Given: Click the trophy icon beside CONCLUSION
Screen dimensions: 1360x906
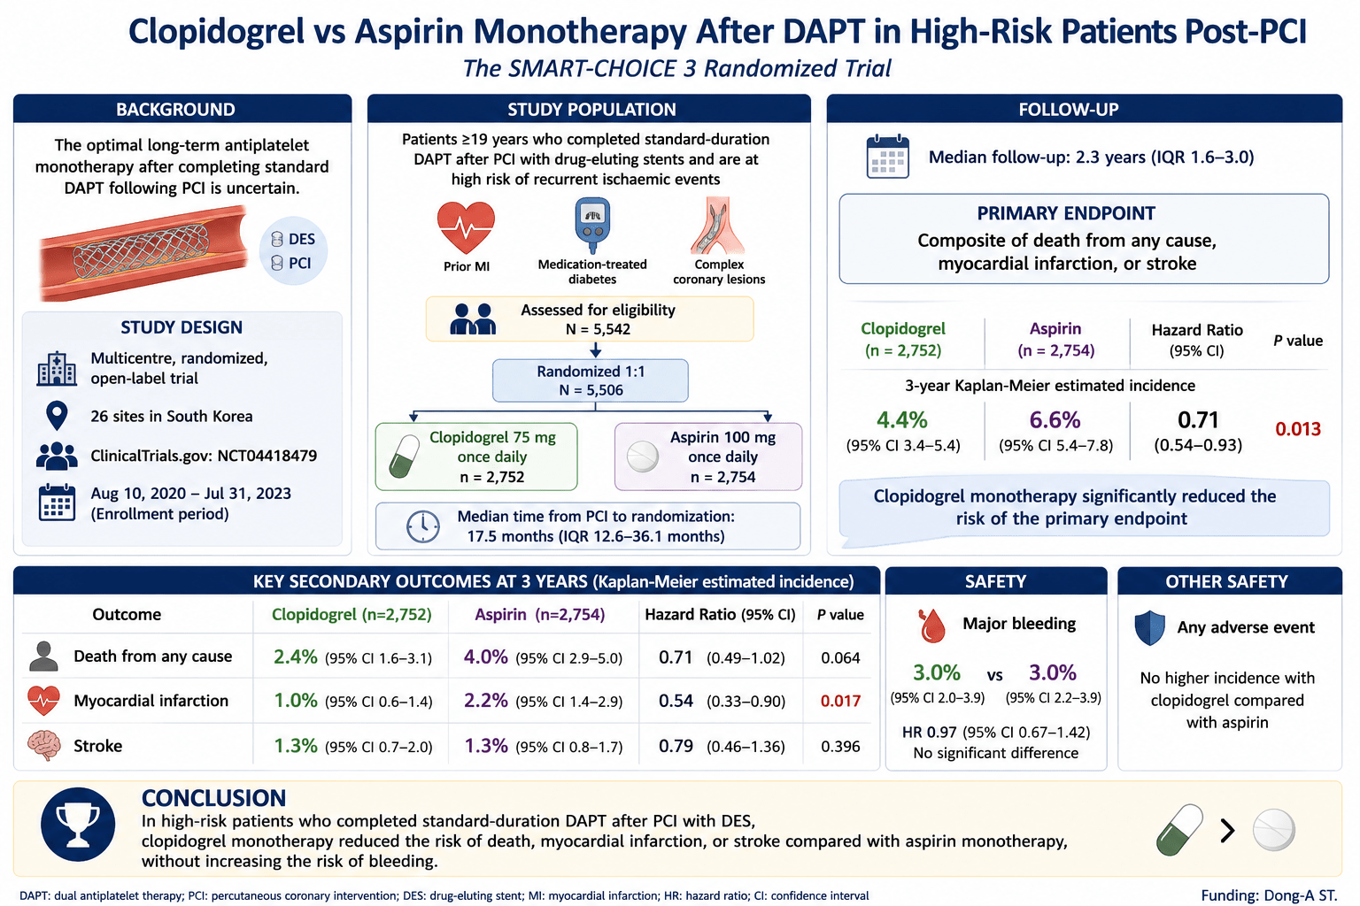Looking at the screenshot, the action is coord(78,824).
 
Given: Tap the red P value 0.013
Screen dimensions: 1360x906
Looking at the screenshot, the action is coord(1297,429).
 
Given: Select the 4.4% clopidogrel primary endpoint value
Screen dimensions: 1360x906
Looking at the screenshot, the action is coord(901,419).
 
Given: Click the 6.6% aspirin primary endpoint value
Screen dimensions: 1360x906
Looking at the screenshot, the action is coord(1055,419).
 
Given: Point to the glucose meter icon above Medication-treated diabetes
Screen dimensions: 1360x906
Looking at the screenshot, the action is coord(592,225).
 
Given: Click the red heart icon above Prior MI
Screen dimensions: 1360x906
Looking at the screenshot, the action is coord(466,227).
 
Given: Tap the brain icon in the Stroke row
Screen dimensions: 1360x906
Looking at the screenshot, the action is coord(44,745).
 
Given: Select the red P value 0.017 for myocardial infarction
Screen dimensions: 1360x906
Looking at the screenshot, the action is coord(840,701).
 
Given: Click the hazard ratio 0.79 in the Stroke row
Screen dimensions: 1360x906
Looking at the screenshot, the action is coord(676,746).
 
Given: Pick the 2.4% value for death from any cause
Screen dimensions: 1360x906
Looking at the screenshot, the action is coord(295,656).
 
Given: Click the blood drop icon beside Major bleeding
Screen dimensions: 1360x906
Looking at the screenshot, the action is coord(932,626).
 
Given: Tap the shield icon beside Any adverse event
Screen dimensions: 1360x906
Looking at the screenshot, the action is coord(1149,627).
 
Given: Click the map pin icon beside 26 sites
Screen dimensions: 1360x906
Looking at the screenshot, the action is coord(57,416).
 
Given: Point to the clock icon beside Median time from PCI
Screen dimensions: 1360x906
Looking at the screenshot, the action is coord(422,526).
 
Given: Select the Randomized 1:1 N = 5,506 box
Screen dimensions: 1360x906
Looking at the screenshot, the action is coord(591,380).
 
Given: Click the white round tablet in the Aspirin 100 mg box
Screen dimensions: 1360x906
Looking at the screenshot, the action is coord(642,457).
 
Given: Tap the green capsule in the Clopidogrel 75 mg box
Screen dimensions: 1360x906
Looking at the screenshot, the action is coord(405,457).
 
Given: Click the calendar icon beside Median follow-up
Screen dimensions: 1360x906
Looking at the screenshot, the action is coord(888,157).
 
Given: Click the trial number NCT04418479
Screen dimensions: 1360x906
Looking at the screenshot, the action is coord(259,456).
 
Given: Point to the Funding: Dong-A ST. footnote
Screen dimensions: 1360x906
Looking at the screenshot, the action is coord(1269,895).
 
